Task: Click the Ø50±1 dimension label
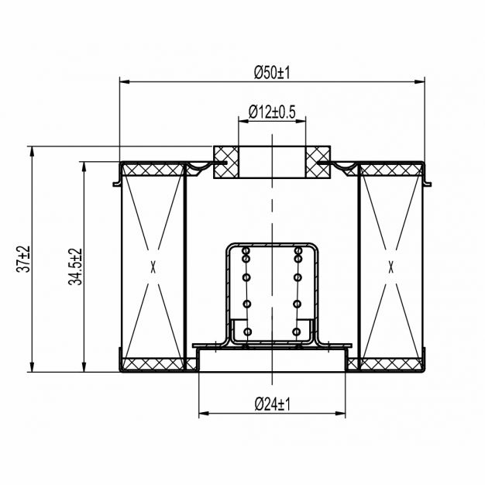272,73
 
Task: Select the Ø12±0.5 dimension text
272,112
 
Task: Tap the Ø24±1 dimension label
273,404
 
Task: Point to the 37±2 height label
23,259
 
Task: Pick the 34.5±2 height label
75,267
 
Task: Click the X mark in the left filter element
153,267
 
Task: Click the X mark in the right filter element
391,267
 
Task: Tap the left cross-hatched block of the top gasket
226,162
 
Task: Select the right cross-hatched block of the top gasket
318,162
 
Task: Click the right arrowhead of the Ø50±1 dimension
420,82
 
